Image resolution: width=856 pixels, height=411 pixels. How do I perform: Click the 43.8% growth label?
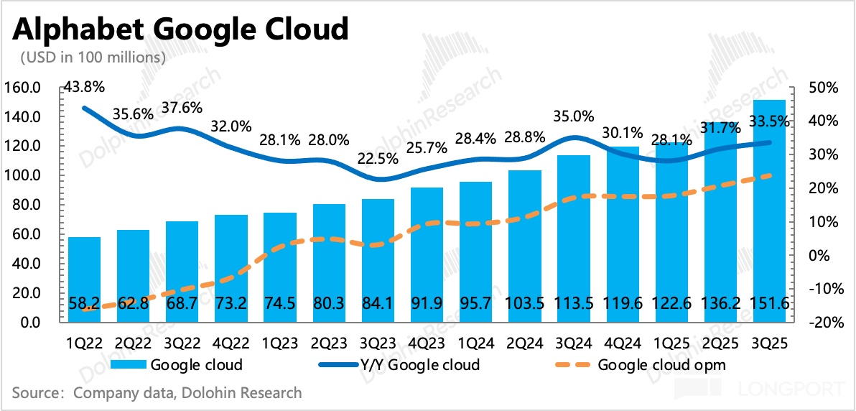(84, 87)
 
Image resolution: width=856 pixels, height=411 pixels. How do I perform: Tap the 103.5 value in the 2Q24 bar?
(524, 303)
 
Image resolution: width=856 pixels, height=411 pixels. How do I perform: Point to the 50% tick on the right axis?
(823, 88)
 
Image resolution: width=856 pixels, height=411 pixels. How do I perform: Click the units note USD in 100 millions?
(93, 57)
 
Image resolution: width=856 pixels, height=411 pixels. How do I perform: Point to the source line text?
(157, 393)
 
